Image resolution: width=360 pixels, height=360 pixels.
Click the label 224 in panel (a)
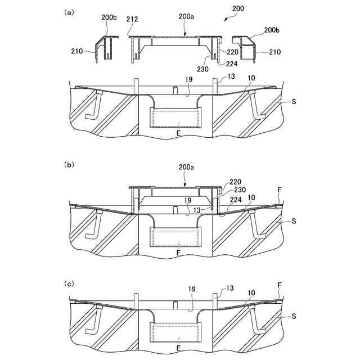point(223,63)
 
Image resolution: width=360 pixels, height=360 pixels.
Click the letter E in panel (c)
point(178,348)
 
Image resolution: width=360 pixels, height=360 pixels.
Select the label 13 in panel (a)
point(231,76)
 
